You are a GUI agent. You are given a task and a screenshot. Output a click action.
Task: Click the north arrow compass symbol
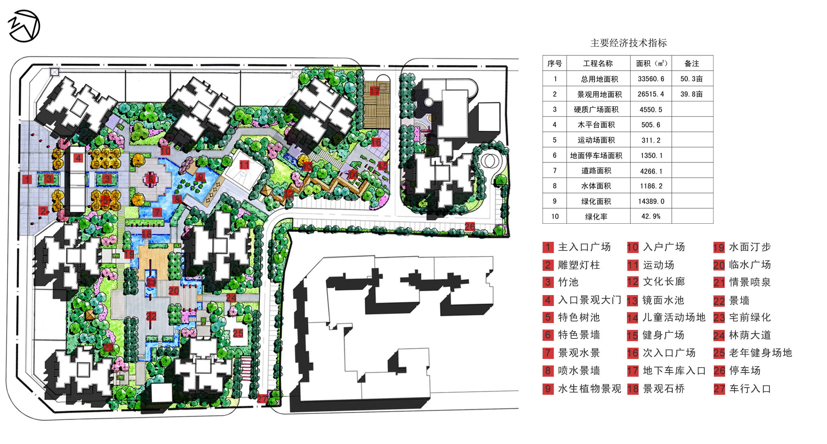coord(24,26)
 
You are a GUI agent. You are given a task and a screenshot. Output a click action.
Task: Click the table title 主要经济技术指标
coord(628,43)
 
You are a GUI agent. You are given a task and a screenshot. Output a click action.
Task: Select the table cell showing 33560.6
coord(651,79)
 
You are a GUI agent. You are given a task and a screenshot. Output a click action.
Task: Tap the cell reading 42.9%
coord(651,216)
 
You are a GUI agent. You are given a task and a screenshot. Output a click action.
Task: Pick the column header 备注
coord(692,64)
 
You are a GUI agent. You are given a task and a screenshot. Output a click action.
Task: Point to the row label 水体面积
coord(596,186)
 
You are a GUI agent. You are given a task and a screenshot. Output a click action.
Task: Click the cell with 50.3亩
coord(692,79)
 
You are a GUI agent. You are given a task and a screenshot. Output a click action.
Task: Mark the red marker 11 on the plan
coord(244,165)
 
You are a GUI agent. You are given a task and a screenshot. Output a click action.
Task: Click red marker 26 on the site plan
coord(470,226)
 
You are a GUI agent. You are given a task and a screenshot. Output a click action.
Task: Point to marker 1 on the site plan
coord(27,179)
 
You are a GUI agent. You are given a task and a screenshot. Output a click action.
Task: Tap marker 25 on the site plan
coord(238,333)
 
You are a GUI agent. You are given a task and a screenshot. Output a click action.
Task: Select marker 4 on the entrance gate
coord(79,158)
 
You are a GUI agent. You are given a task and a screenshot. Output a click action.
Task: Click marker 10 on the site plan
coord(165,151)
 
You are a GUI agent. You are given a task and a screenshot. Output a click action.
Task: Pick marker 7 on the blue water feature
coord(157,212)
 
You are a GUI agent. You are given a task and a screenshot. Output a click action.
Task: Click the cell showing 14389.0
coord(651,201)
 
